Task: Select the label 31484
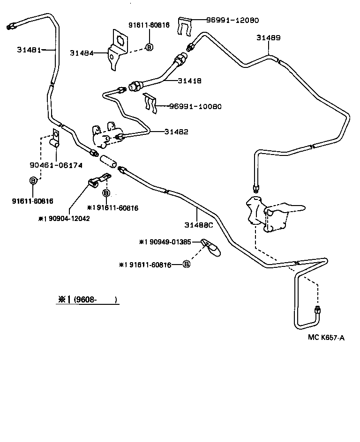82,53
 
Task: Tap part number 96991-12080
233,20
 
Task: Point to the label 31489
269,37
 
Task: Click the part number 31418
189,81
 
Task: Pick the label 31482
176,132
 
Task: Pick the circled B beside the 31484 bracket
149,47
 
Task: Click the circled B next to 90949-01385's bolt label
186,265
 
